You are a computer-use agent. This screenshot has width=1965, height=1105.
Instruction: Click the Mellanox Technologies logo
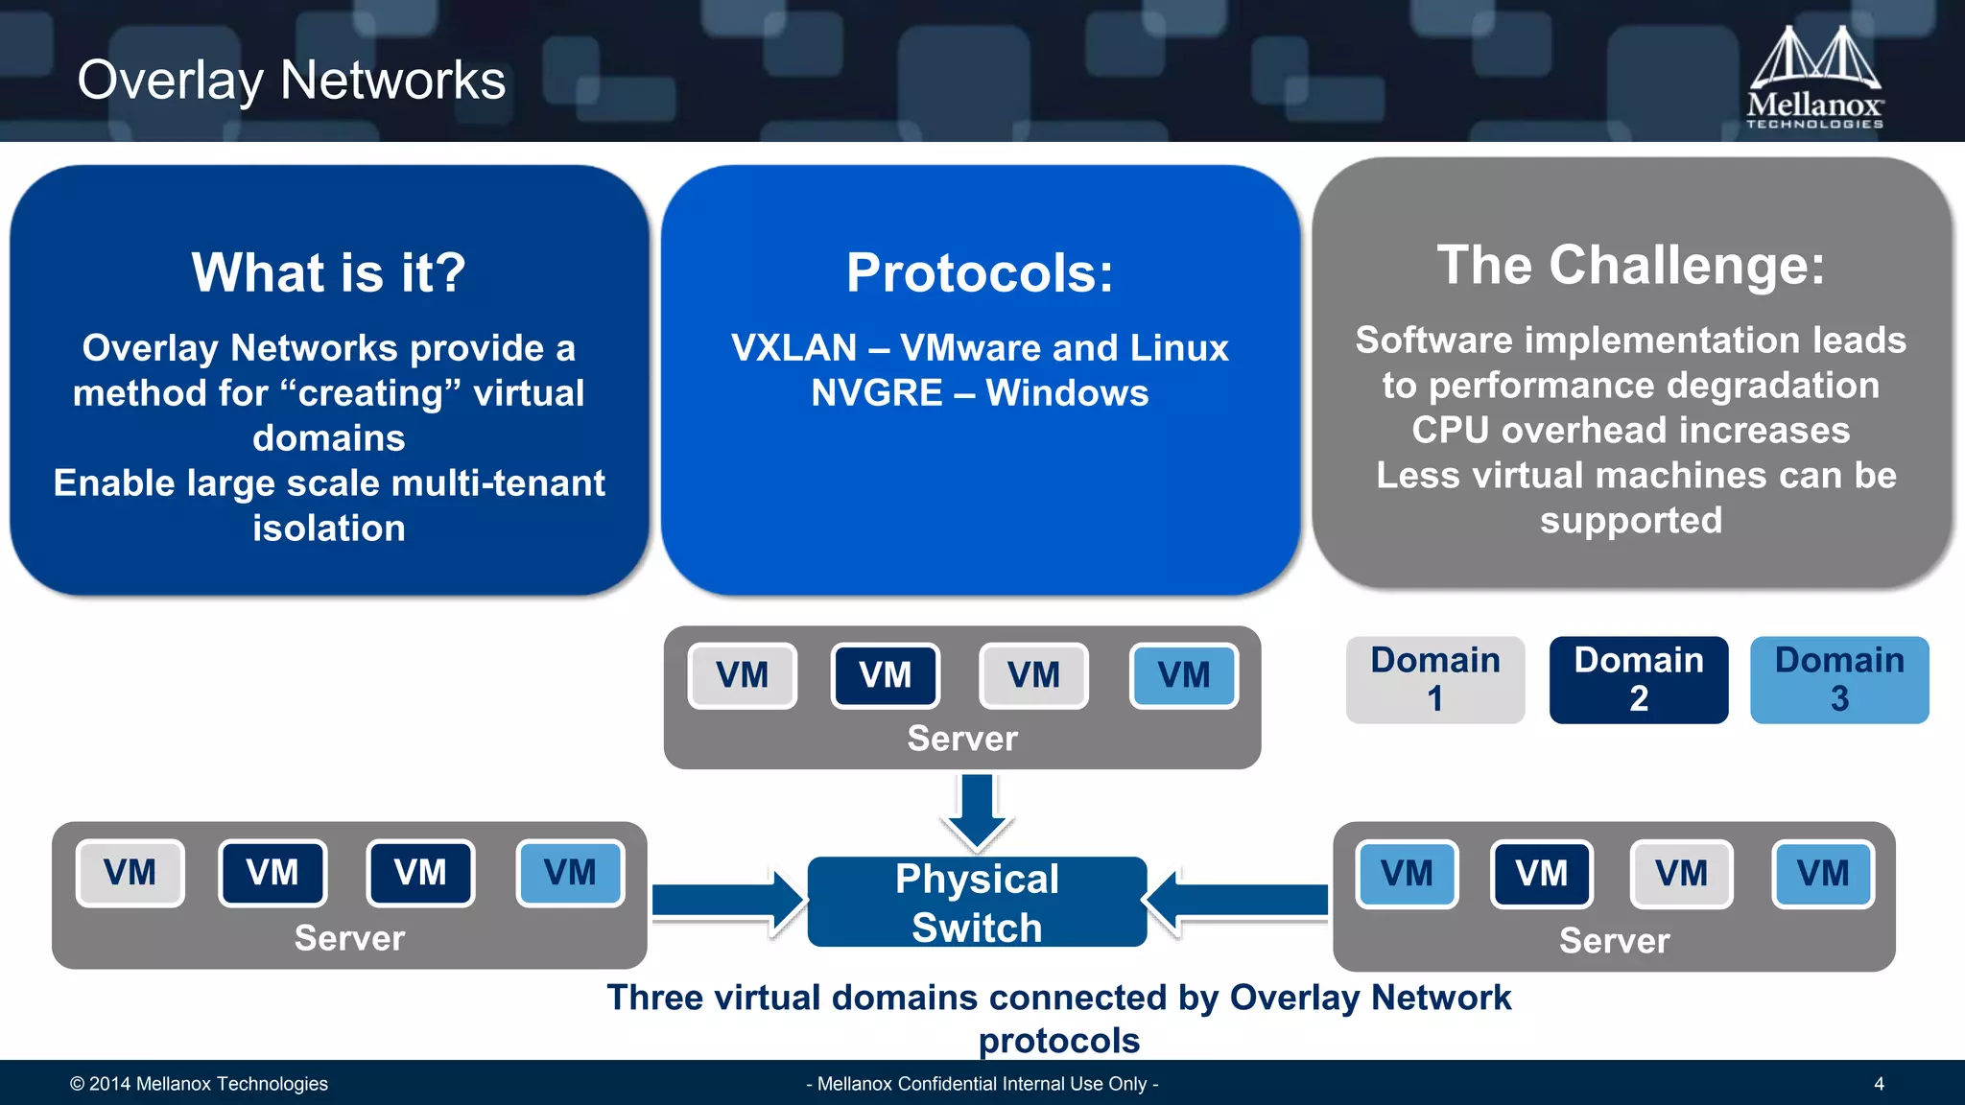(1814, 77)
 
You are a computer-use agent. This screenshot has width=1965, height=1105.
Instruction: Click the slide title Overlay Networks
(291, 80)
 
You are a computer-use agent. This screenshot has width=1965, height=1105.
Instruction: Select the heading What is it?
(328, 272)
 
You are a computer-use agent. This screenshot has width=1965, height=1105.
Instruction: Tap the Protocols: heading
(980, 272)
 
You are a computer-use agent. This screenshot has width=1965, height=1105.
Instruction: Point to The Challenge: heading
(1630, 265)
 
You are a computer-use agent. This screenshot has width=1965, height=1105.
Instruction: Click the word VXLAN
(793, 348)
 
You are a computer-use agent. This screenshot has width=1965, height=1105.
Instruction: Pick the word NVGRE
(876, 393)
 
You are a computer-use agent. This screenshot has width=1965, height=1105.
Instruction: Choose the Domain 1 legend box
(1434, 679)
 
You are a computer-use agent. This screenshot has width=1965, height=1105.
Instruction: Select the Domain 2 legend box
(1638, 679)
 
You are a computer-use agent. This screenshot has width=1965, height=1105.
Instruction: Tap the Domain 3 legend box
(1839, 679)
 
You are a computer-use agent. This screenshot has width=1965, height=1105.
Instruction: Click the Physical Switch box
(977, 902)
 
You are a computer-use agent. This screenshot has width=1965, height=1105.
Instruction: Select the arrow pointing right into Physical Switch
(727, 901)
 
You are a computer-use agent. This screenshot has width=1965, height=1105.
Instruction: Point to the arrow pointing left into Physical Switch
(1238, 901)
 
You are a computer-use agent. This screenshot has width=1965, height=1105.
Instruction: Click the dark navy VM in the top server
(885, 675)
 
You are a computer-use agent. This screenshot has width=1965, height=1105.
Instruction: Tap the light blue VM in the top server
(1183, 675)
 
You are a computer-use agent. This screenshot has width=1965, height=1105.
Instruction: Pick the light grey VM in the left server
(130, 873)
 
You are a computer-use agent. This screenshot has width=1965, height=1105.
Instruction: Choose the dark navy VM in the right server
(1541, 874)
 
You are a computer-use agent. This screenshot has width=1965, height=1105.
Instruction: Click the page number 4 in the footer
(1879, 1084)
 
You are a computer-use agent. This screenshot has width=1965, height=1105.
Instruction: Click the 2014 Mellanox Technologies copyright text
(199, 1084)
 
